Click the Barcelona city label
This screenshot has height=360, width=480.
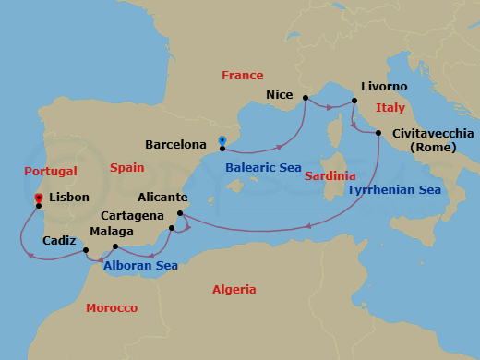pyautogui.click(x=175, y=145)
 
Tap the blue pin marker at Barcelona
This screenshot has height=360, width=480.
pyautogui.click(x=222, y=141)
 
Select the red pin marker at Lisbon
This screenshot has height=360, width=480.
pyautogui.click(x=38, y=198)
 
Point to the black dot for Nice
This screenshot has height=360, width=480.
pyautogui.click(x=306, y=97)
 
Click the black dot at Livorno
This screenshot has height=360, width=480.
pyautogui.click(x=354, y=101)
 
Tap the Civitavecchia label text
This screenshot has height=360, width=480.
pyautogui.click(x=433, y=133)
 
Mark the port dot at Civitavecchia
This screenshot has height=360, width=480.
pyautogui.click(x=378, y=134)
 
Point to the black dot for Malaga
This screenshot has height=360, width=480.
pyautogui.click(x=115, y=246)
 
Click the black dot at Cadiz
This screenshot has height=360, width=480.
pyautogui.click(x=85, y=250)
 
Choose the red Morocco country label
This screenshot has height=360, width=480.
pyautogui.click(x=112, y=307)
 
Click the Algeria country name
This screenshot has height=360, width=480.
pyautogui.click(x=234, y=289)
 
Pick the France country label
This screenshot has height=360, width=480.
pyautogui.click(x=242, y=76)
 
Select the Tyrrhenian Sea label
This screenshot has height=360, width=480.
pyautogui.click(x=394, y=190)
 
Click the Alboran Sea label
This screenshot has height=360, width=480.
pyautogui.click(x=140, y=265)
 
